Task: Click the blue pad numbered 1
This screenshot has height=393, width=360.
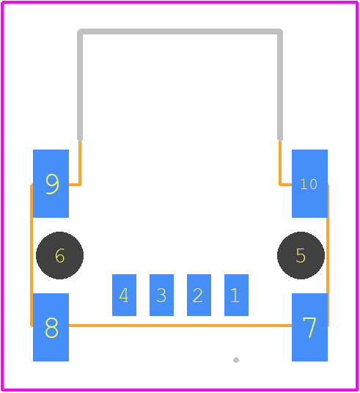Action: [x=236, y=295]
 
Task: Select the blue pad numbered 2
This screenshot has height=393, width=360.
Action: [x=199, y=295]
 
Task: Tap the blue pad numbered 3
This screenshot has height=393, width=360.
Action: [x=161, y=295]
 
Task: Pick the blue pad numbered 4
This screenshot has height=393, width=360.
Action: [x=124, y=295]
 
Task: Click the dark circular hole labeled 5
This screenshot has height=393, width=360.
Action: [x=301, y=255]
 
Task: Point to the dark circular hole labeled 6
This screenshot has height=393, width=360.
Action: [x=59, y=255]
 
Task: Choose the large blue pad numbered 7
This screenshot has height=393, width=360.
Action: [x=309, y=327]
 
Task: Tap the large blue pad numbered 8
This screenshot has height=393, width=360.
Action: [x=51, y=327]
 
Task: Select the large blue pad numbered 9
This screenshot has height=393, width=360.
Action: [x=51, y=183]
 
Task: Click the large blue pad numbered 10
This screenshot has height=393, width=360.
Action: [x=309, y=183]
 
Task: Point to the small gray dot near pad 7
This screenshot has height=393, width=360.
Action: [x=236, y=360]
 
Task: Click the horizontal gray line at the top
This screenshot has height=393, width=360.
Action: [x=180, y=32]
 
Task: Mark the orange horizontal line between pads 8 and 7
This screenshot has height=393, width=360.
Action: [x=180, y=326]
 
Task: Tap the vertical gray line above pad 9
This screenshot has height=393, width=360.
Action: [x=80, y=85]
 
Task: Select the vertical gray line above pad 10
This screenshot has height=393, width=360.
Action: [x=280, y=85]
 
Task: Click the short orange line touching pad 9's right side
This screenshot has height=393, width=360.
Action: [x=75, y=185]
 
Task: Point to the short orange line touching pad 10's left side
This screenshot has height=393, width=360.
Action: [x=285, y=185]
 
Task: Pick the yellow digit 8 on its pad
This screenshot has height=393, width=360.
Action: [x=51, y=328]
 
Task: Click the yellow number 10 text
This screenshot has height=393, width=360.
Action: [x=309, y=184]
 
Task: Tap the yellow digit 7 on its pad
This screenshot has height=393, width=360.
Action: [x=309, y=328]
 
